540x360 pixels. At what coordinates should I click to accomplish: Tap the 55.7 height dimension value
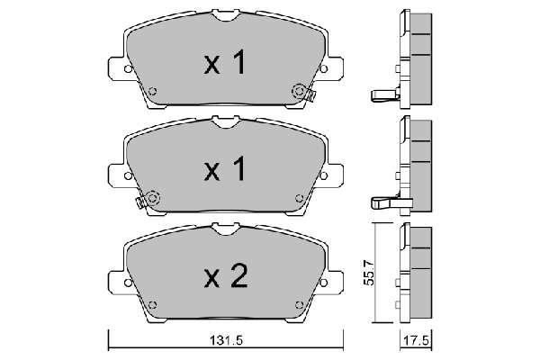368,273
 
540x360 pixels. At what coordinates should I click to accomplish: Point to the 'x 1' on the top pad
225,62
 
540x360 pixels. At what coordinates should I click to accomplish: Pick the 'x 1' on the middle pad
225,169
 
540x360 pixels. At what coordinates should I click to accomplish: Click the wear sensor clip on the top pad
311,95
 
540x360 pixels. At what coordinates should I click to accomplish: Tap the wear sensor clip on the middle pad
140,202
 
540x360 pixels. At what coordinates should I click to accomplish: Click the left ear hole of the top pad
128,69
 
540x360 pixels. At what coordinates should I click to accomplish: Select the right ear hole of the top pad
323,69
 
